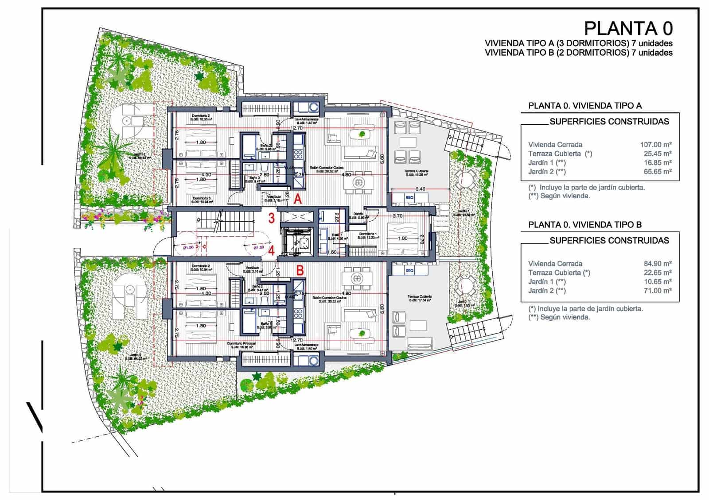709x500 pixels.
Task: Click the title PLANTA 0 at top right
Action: tap(628, 28)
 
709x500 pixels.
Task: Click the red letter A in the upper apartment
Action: tap(298, 200)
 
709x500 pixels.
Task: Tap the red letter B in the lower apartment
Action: tap(300, 270)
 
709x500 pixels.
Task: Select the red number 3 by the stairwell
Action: tap(272, 218)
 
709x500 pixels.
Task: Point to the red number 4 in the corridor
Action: tap(272, 250)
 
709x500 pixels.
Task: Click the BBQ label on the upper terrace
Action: tap(409, 197)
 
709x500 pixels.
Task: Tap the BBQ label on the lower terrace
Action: tap(409, 270)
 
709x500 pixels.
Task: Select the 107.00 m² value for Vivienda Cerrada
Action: tap(655, 145)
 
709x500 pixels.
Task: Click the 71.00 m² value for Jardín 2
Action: tap(657, 291)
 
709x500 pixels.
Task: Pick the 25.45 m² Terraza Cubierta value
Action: tap(657, 154)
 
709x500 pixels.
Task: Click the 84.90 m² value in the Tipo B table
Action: tap(657, 264)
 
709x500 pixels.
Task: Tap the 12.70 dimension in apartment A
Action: tap(296, 128)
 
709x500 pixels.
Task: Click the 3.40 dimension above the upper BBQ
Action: tap(420, 189)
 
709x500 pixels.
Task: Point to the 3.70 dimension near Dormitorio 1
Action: tap(397, 216)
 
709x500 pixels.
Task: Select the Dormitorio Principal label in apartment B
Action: tap(240, 343)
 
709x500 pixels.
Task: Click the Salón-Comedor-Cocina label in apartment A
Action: tap(327, 168)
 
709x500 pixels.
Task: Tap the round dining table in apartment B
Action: tap(356, 278)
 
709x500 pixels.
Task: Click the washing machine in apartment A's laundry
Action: tap(314, 107)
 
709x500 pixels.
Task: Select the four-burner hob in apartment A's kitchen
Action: tap(298, 154)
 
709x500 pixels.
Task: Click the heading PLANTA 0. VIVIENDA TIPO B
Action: tap(585, 225)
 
